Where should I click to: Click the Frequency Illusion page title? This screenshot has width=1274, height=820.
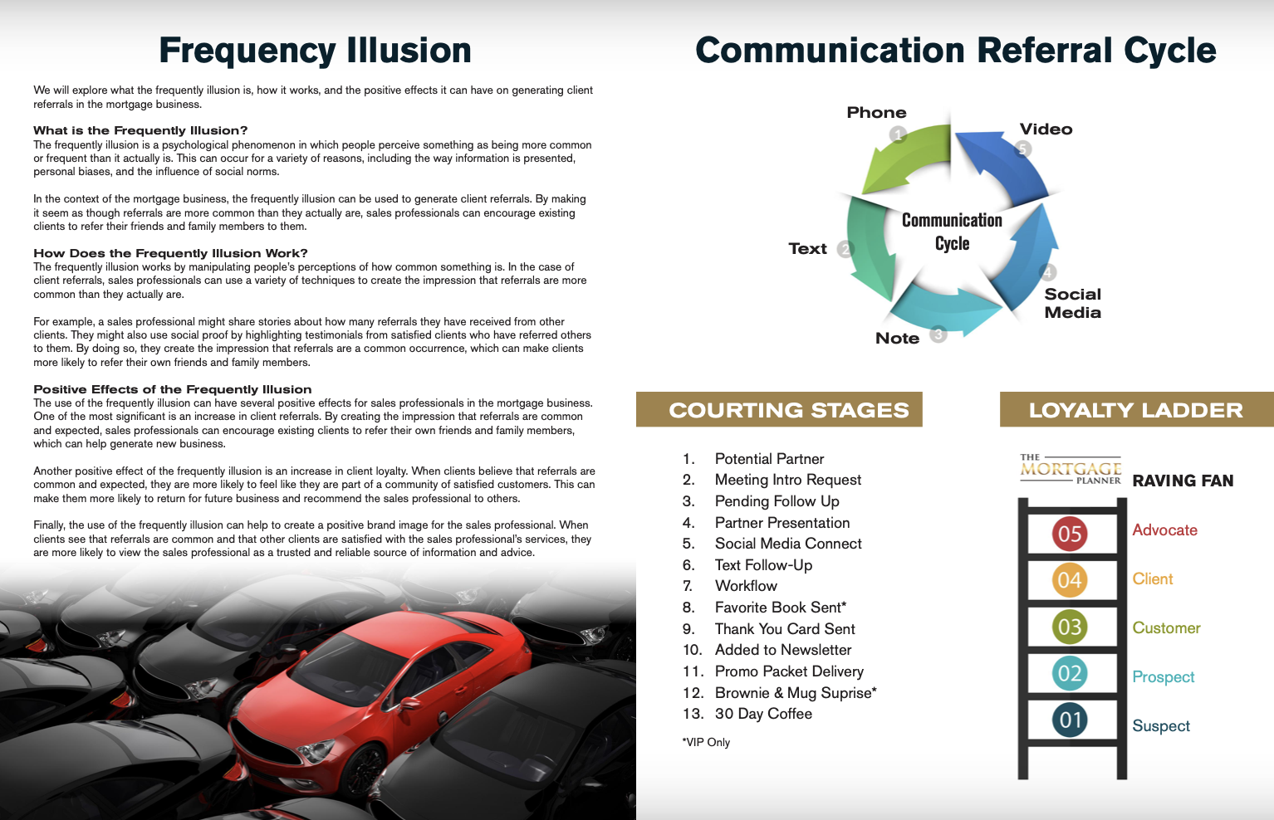click(x=315, y=51)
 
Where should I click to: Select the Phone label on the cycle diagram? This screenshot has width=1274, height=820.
click(x=876, y=112)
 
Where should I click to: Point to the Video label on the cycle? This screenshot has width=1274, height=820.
click(x=1046, y=129)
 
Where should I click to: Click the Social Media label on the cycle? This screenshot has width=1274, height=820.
click(x=1072, y=303)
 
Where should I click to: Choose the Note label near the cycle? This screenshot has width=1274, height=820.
click(x=897, y=338)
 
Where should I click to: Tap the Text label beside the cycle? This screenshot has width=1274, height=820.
click(x=807, y=248)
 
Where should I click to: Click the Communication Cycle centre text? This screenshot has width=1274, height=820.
click(x=952, y=232)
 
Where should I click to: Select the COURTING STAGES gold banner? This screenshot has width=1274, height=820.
click(x=779, y=410)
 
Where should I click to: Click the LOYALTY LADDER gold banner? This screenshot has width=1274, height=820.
click(x=1135, y=410)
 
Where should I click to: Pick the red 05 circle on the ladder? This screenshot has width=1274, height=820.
click(x=1070, y=534)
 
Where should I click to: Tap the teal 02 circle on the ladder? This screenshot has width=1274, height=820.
click(x=1070, y=673)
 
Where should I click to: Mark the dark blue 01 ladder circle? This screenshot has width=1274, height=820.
click(x=1070, y=720)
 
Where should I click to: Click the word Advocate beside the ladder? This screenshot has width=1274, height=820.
click(x=1164, y=530)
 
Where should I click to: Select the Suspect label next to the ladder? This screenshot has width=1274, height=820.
click(x=1161, y=726)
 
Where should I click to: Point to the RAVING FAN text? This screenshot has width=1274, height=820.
click(x=1183, y=481)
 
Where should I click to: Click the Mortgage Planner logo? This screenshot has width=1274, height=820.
click(x=1071, y=469)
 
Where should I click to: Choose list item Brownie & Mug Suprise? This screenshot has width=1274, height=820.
click(x=795, y=693)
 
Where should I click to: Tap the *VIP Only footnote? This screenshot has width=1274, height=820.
click(x=706, y=742)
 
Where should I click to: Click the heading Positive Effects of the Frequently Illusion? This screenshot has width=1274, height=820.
click(x=173, y=389)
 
